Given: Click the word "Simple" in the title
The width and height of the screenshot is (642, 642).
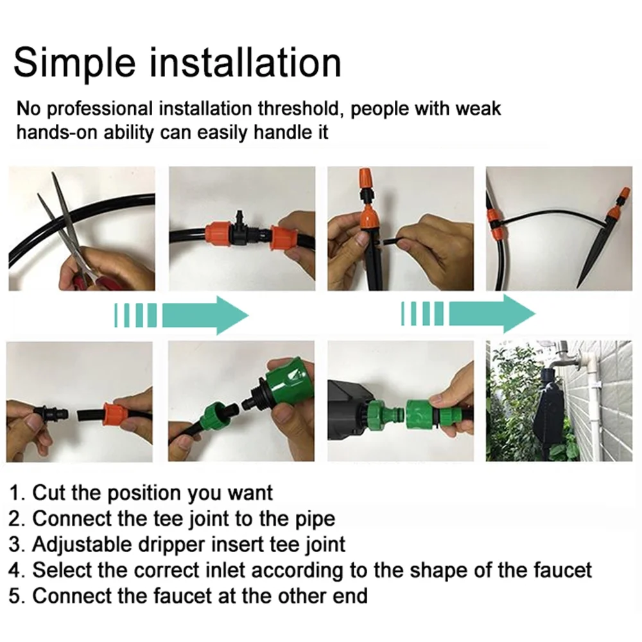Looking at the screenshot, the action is pyautogui.click(x=74, y=64).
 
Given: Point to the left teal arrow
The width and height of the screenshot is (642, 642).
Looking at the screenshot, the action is pyautogui.click(x=182, y=315).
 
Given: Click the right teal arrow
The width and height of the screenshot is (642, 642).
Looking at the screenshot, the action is pyautogui.click(x=468, y=315).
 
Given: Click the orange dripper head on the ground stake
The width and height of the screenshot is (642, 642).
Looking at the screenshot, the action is pyautogui.click(x=614, y=204).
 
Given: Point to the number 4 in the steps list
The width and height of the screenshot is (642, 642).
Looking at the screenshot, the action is pyautogui.click(x=15, y=571).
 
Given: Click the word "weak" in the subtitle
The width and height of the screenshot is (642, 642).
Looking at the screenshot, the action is pyautogui.click(x=478, y=109).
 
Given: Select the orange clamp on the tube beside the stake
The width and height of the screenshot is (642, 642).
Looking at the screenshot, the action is pyautogui.click(x=497, y=224).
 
